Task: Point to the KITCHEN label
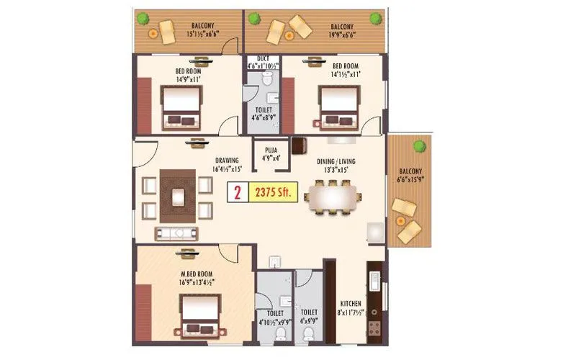click(x=351, y=304)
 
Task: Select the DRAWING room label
click(x=227, y=161)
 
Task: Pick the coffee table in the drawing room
click(x=178, y=193)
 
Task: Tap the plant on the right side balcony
click(x=418, y=147)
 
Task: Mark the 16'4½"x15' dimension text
click(x=227, y=169)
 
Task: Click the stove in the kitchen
click(x=374, y=328)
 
